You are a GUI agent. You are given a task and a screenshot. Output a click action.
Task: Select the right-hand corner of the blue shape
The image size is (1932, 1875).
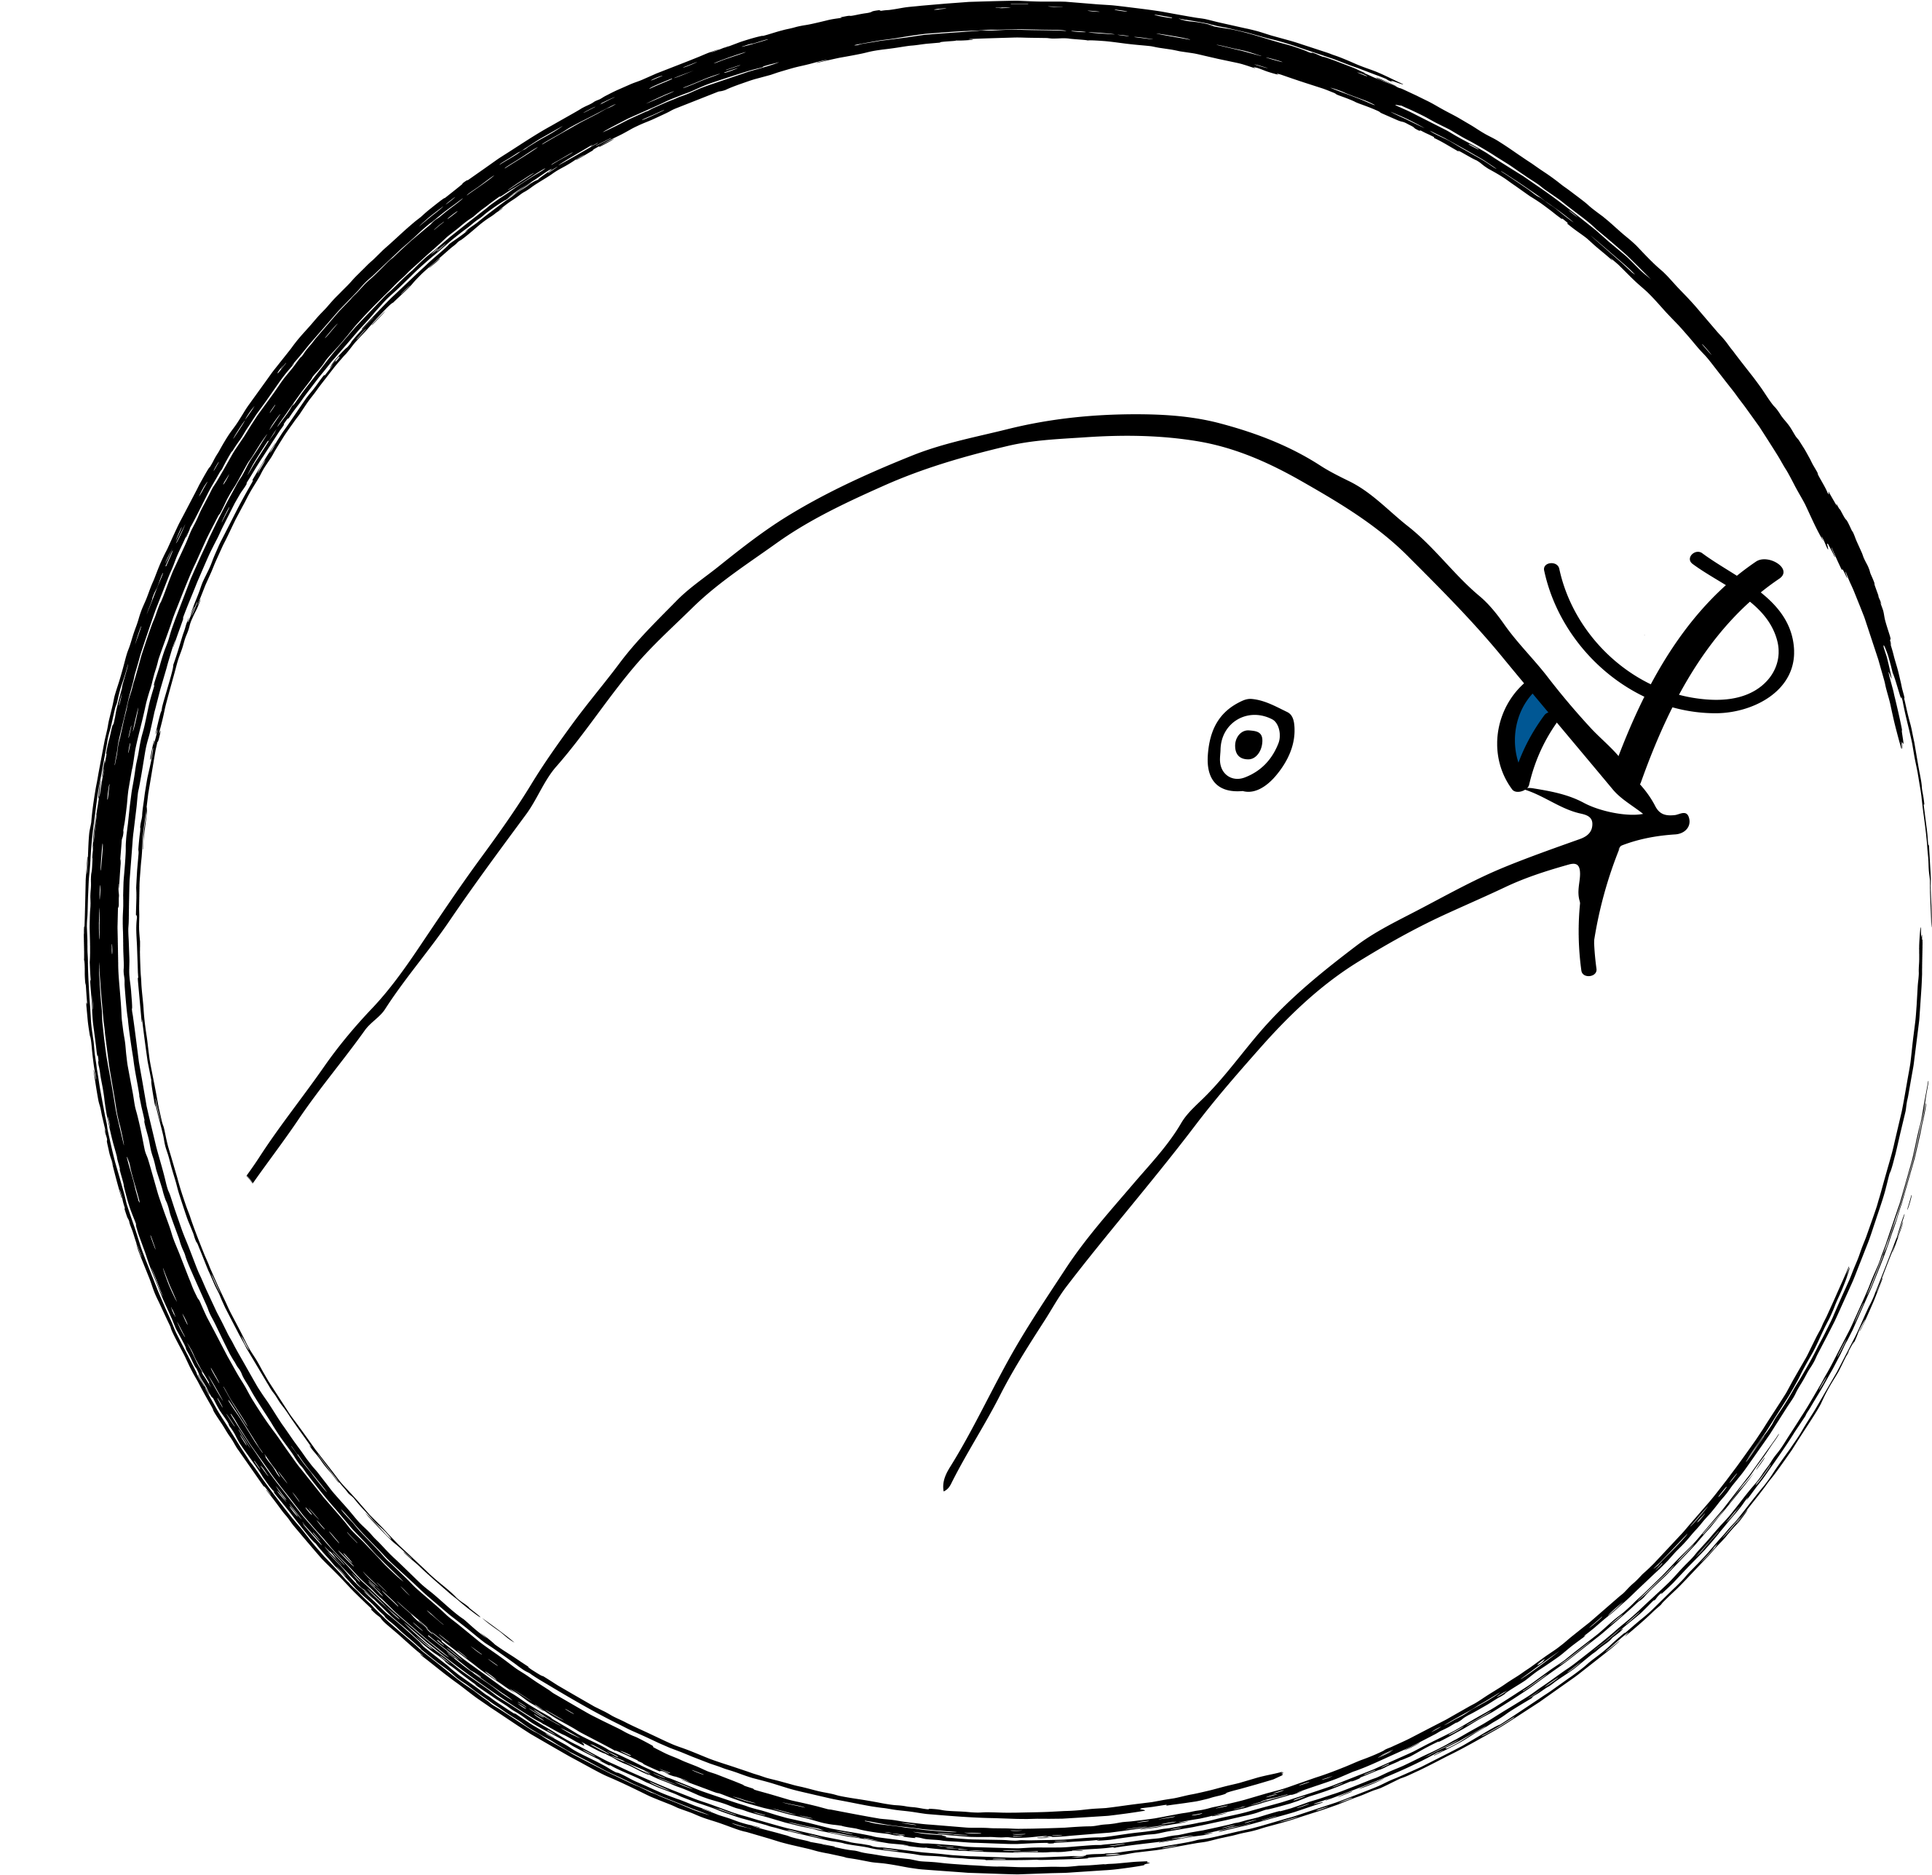1548,710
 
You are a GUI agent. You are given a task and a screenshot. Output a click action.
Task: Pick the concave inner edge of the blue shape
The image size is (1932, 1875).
1532,734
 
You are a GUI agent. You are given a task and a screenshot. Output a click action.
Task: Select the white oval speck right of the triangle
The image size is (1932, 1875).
1757,612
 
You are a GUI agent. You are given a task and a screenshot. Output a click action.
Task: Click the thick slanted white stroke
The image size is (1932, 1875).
202,1301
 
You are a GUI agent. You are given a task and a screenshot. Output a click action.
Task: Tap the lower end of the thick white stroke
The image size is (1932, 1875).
208,1315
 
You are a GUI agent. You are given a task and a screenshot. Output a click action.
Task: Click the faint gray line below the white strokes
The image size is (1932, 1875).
237,1425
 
